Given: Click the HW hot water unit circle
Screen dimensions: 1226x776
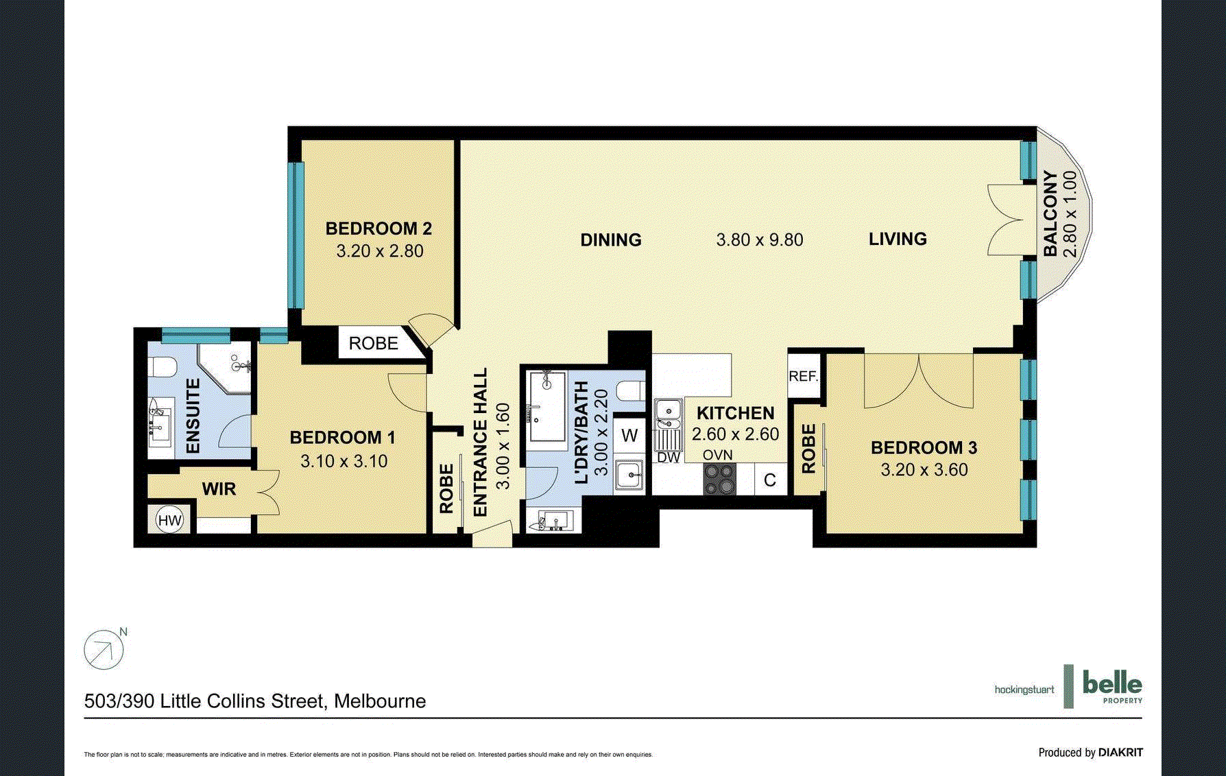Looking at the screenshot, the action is (x=169, y=520).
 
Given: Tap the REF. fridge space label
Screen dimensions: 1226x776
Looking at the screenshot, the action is (x=804, y=376).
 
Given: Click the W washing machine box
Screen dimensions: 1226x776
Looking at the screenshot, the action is (x=629, y=435).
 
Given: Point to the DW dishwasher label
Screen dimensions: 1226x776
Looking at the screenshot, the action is (x=669, y=457).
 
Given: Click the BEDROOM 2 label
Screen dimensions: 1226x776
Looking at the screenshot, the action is (x=378, y=228).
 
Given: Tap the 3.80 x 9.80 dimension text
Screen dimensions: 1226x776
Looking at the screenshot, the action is (x=760, y=239).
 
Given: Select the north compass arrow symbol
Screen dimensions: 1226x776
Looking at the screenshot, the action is (x=104, y=649).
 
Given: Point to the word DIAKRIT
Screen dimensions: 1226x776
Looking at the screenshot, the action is (x=1120, y=753).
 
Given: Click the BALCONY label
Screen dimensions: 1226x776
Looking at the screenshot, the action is (x=1050, y=213).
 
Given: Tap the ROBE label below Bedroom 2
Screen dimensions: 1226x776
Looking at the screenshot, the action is (x=374, y=343).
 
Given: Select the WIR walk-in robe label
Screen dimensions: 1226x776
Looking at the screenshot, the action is (x=219, y=489).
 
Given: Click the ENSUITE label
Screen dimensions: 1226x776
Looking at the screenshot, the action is (x=193, y=416).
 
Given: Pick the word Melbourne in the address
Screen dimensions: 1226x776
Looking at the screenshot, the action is (x=380, y=701).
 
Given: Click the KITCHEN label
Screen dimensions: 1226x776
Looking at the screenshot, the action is (x=736, y=413).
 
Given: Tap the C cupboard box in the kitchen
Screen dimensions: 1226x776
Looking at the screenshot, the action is (x=770, y=479).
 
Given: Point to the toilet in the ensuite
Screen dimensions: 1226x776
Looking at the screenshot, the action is (x=163, y=368).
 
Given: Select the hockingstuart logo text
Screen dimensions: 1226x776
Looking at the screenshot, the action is (x=1024, y=690).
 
